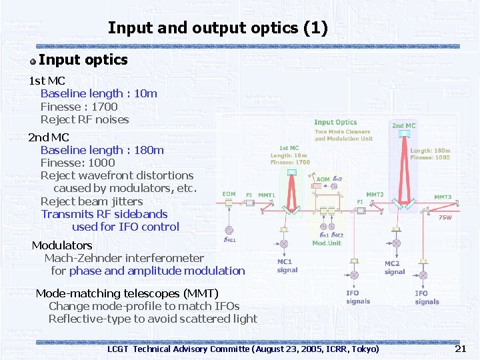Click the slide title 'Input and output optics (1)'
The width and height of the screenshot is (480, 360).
[x=217, y=28]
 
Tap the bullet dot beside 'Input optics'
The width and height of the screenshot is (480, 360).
[x=33, y=61]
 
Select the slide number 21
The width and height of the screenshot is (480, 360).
[x=460, y=349]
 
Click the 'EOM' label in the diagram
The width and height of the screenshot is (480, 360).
[x=229, y=194]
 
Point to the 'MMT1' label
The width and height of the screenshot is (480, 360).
[x=267, y=195]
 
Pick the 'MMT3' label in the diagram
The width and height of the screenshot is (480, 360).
[x=443, y=197]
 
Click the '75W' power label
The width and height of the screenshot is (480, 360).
[x=444, y=217]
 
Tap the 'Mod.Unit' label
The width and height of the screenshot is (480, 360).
[x=327, y=243]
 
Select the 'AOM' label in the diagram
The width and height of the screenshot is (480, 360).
[x=322, y=179]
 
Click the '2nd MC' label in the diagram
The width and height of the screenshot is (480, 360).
[x=403, y=125]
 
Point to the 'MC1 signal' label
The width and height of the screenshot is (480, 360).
[x=288, y=266]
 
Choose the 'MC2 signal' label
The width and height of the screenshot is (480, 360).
[x=395, y=267]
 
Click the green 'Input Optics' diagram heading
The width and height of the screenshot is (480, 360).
[x=335, y=122]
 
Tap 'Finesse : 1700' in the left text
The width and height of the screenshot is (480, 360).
[x=79, y=107]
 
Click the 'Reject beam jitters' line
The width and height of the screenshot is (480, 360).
[x=91, y=201]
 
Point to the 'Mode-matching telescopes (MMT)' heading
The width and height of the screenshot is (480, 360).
[x=127, y=293]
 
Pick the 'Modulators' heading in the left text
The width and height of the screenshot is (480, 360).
[x=62, y=245]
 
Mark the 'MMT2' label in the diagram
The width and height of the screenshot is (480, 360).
[x=375, y=195]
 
